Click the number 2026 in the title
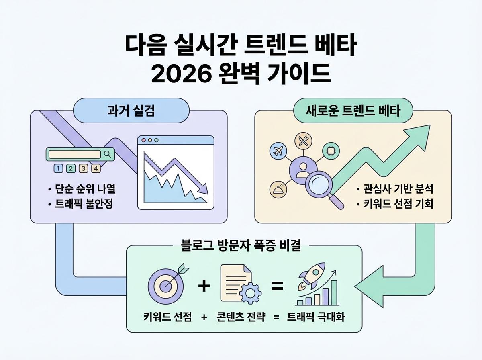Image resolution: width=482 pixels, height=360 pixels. (182, 74)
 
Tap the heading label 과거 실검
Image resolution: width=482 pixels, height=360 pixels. (131, 110)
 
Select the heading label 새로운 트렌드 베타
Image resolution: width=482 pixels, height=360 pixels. (353, 110)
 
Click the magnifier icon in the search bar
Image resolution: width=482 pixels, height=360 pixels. (107, 154)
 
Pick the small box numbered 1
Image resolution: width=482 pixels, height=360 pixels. (58, 168)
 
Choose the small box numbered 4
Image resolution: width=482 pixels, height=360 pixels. (96, 168)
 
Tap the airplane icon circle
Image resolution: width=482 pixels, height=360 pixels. (278, 151)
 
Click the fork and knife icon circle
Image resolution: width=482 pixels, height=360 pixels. (303, 141)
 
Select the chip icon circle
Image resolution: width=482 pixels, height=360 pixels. (331, 151)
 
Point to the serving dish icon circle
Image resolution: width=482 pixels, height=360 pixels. (278, 190)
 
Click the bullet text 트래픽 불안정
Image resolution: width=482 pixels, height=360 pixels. (84, 204)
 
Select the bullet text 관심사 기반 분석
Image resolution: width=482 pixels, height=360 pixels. (398, 189)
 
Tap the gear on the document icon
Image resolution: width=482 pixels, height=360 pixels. (251, 293)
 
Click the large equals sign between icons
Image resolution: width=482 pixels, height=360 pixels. (278, 286)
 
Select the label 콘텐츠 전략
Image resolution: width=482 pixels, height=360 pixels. (241, 317)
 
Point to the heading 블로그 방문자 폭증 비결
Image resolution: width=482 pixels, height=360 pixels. (241, 245)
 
